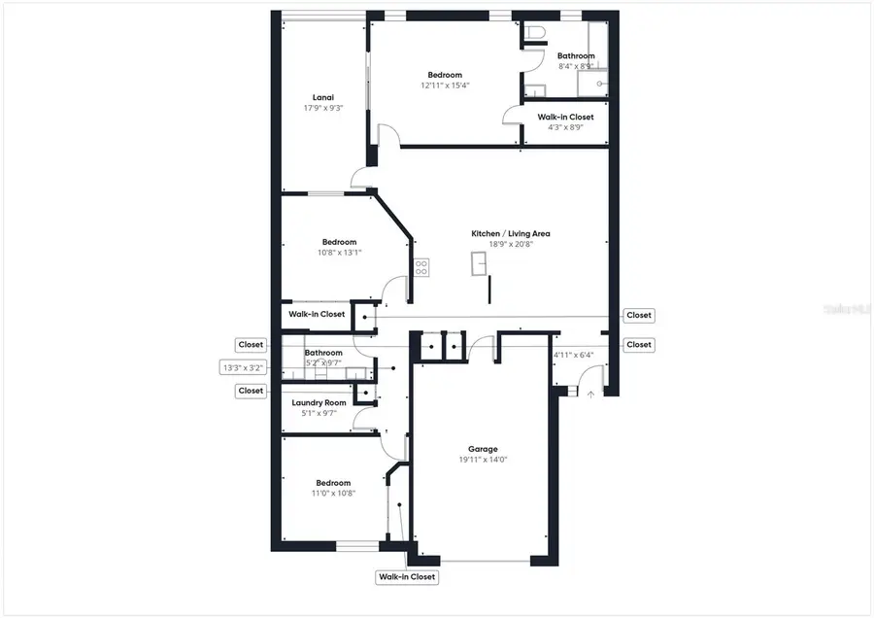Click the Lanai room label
click(x=322, y=97)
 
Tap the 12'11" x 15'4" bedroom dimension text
click(x=445, y=86)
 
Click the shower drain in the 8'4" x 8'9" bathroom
click(x=600, y=85)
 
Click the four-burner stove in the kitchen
click(x=421, y=267)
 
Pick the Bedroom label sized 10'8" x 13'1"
click(x=339, y=242)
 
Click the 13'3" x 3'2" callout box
click(x=243, y=368)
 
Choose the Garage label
click(x=483, y=449)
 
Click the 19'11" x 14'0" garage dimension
click(x=483, y=461)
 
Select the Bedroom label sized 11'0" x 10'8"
click(x=332, y=482)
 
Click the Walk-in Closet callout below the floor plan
click(x=407, y=577)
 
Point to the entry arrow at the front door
click(x=590, y=394)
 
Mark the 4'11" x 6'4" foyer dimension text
click(x=573, y=355)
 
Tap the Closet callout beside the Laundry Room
click(x=251, y=391)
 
